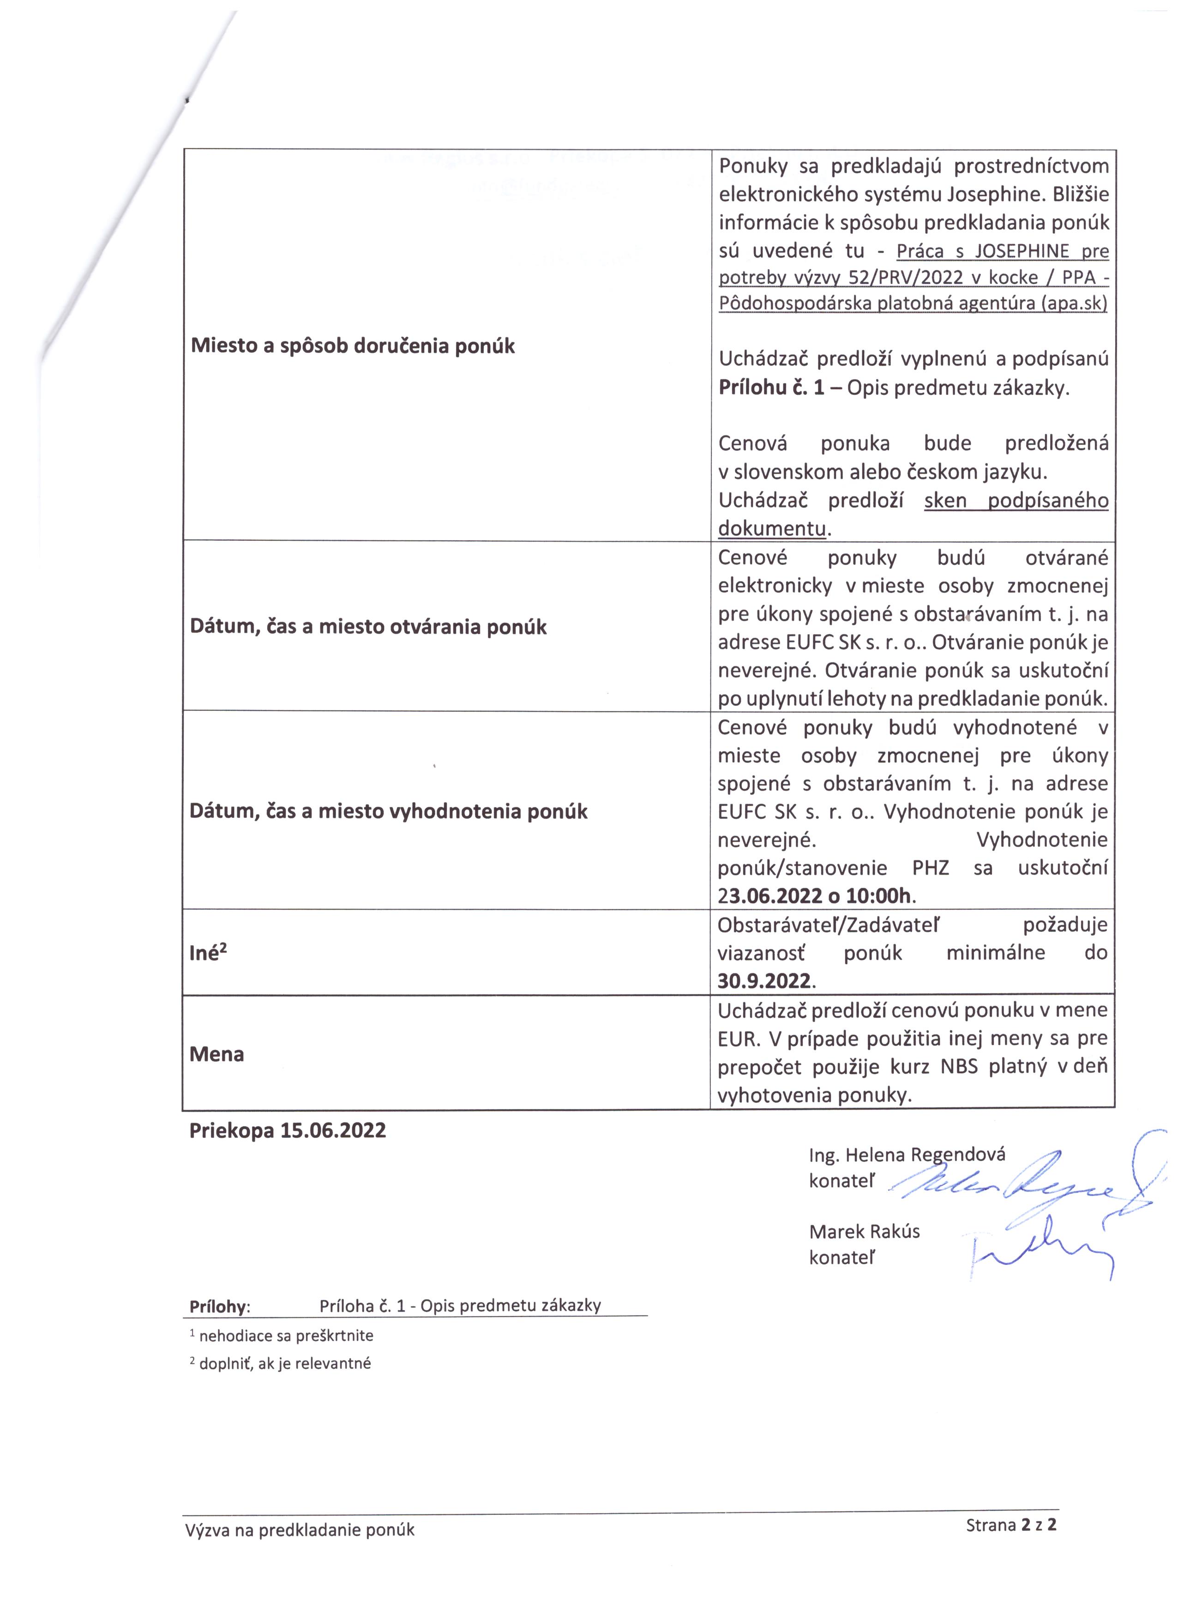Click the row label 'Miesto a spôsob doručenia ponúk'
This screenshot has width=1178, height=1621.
pos(353,346)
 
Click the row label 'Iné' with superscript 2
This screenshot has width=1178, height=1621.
pos(208,953)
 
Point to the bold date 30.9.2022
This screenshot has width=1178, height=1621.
pos(764,980)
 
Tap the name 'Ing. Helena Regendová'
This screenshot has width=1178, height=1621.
pos(907,1154)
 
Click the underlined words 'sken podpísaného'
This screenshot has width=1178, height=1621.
pos(1016,500)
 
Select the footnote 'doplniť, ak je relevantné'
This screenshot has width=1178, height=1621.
pos(284,1363)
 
